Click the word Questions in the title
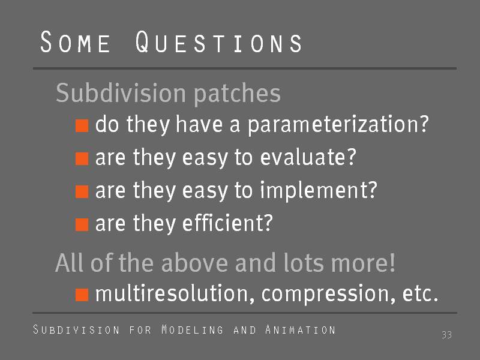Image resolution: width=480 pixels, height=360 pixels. [218, 41]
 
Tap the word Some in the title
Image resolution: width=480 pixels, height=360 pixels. [75, 41]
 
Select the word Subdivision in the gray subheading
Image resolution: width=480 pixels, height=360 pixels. [121, 92]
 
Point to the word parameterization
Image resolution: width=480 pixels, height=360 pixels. [338, 125]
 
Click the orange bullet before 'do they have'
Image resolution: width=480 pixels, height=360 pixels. [82, 126]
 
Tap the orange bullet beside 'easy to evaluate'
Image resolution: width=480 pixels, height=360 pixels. [82, 159]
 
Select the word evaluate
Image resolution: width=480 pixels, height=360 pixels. [308, 157]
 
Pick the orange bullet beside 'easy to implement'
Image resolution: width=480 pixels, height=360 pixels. [82, 191]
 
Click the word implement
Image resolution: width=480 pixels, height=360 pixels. [319, 191]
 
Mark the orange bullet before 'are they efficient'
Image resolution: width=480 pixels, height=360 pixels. [82, 224]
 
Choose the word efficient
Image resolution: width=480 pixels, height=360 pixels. [227, 223]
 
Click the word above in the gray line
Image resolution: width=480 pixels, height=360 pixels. [194, 262]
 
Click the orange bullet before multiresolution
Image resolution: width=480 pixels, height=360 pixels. [82, 295]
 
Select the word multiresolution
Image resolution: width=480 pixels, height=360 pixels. [175, 293]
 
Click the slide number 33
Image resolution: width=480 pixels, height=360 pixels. [446, 335]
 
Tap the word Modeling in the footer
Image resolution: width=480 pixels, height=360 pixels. [192, 329]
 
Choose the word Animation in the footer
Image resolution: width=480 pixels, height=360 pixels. [301, 329]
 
